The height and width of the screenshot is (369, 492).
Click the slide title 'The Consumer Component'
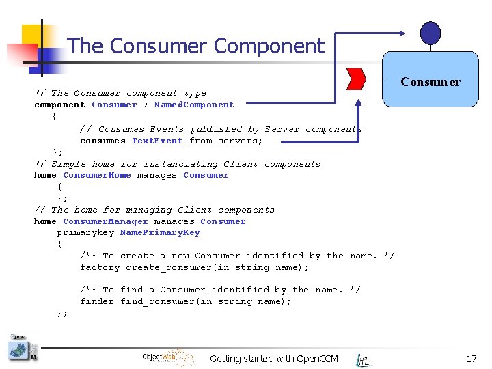tap(196, 46)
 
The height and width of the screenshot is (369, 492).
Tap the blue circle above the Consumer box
tap(430, 33)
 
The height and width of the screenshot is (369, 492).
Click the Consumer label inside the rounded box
tap(430, 82)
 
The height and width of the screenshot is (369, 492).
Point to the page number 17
tap(471, 358)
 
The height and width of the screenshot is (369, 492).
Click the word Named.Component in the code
tap(194, 105)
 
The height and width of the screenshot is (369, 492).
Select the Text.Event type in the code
tap(157, 141)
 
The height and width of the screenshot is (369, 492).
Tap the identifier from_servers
tap(225, 141)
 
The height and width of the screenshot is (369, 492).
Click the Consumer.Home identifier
tap(96, 175)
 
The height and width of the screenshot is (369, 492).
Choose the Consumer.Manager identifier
tap(105, 221)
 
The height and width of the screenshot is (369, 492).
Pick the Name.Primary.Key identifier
tap(160, 232)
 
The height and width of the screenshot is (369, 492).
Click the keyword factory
tap(100, 267)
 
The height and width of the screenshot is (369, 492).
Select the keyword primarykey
tap(85, 232)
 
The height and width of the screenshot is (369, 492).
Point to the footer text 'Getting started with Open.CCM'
tap(273, 359)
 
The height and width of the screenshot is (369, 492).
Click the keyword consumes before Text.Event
tap(102, 141)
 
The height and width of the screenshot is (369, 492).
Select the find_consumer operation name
tap(163, 301)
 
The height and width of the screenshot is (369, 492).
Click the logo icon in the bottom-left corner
tap(20, 348)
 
